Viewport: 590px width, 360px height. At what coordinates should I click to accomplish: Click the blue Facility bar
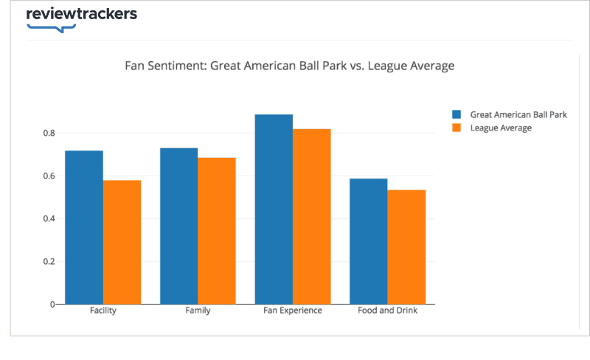coord(84,227)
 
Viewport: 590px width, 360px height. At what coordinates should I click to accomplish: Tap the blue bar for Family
coord(179,226)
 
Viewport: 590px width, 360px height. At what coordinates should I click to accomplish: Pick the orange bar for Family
coord(217,231)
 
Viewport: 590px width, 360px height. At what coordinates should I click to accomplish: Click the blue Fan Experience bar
coord(274,209)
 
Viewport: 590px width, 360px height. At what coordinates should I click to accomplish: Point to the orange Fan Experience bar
coord(312,216)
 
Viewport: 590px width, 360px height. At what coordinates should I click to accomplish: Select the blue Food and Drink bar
coord(369,241)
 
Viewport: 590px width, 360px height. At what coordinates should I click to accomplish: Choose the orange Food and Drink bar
coord(406,247)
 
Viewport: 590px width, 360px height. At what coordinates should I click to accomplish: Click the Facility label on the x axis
coord(103,311)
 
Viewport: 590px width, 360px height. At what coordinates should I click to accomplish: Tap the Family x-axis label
coord(198,311)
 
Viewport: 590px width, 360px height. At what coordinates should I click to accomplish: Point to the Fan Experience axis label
coord(293,311)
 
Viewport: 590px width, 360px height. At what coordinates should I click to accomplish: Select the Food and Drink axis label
coord(388,311)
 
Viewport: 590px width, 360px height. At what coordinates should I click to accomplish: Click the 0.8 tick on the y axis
coord(49,134)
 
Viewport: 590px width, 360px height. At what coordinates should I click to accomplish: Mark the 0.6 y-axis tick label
coord(49,176)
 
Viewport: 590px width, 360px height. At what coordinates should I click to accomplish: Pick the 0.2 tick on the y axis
coord(49,262)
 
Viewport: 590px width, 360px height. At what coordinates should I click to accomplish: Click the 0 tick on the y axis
coord(52,304)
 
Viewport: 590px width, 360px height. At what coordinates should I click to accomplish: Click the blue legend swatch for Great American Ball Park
coord(457,114)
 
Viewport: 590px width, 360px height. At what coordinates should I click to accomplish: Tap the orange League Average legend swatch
coord(457,128)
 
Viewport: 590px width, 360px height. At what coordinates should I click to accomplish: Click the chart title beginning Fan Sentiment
coord(290,66)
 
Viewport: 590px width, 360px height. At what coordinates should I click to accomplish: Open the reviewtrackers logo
coord(81,17)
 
